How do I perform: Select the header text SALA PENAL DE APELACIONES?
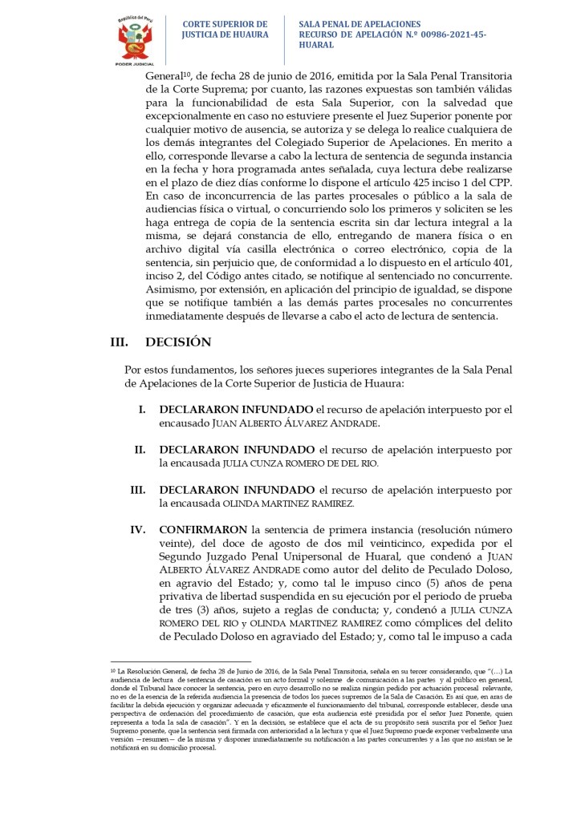(x=359, y=25)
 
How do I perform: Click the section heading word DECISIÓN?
(x=178, y=342)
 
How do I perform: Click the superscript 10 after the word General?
(x=187, y=71)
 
